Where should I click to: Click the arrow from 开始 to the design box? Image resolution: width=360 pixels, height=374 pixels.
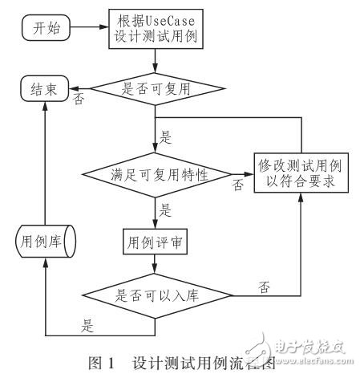click(87, 29)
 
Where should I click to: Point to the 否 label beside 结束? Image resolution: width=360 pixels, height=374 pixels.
click(79, 100)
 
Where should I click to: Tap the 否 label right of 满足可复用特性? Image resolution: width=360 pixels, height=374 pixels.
click(237, 185)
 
